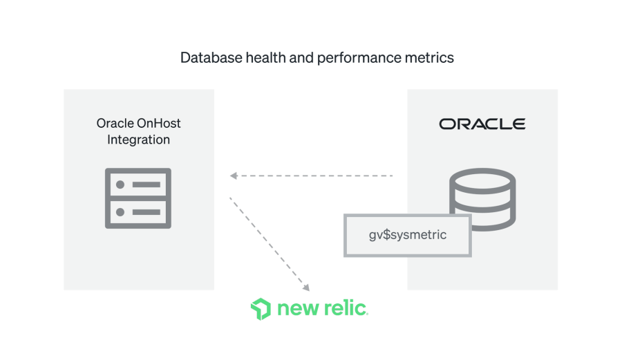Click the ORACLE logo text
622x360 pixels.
point(482,124)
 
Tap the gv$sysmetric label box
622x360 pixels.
point(408,235)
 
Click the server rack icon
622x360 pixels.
point(138,198)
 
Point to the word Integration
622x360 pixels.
point(138,140)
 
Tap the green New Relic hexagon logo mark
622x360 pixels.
point(261,309)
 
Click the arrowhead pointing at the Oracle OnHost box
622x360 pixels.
point(234,176)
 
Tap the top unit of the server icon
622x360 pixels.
point(138,184)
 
